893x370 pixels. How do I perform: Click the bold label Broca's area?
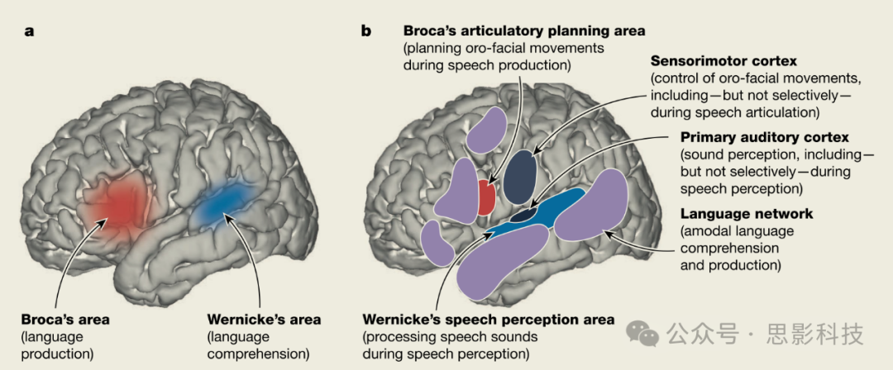tap(65, 319)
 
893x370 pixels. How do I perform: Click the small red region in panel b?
tap(487, 197)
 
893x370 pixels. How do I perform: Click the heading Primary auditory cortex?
tap(753, 137)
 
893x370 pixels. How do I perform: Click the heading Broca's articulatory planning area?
tap(524, 31)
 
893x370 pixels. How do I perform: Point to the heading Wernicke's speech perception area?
tap(489, 319)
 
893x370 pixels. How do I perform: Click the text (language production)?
tap(58, 346)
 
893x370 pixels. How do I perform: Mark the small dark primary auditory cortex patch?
tap(523, 216)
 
